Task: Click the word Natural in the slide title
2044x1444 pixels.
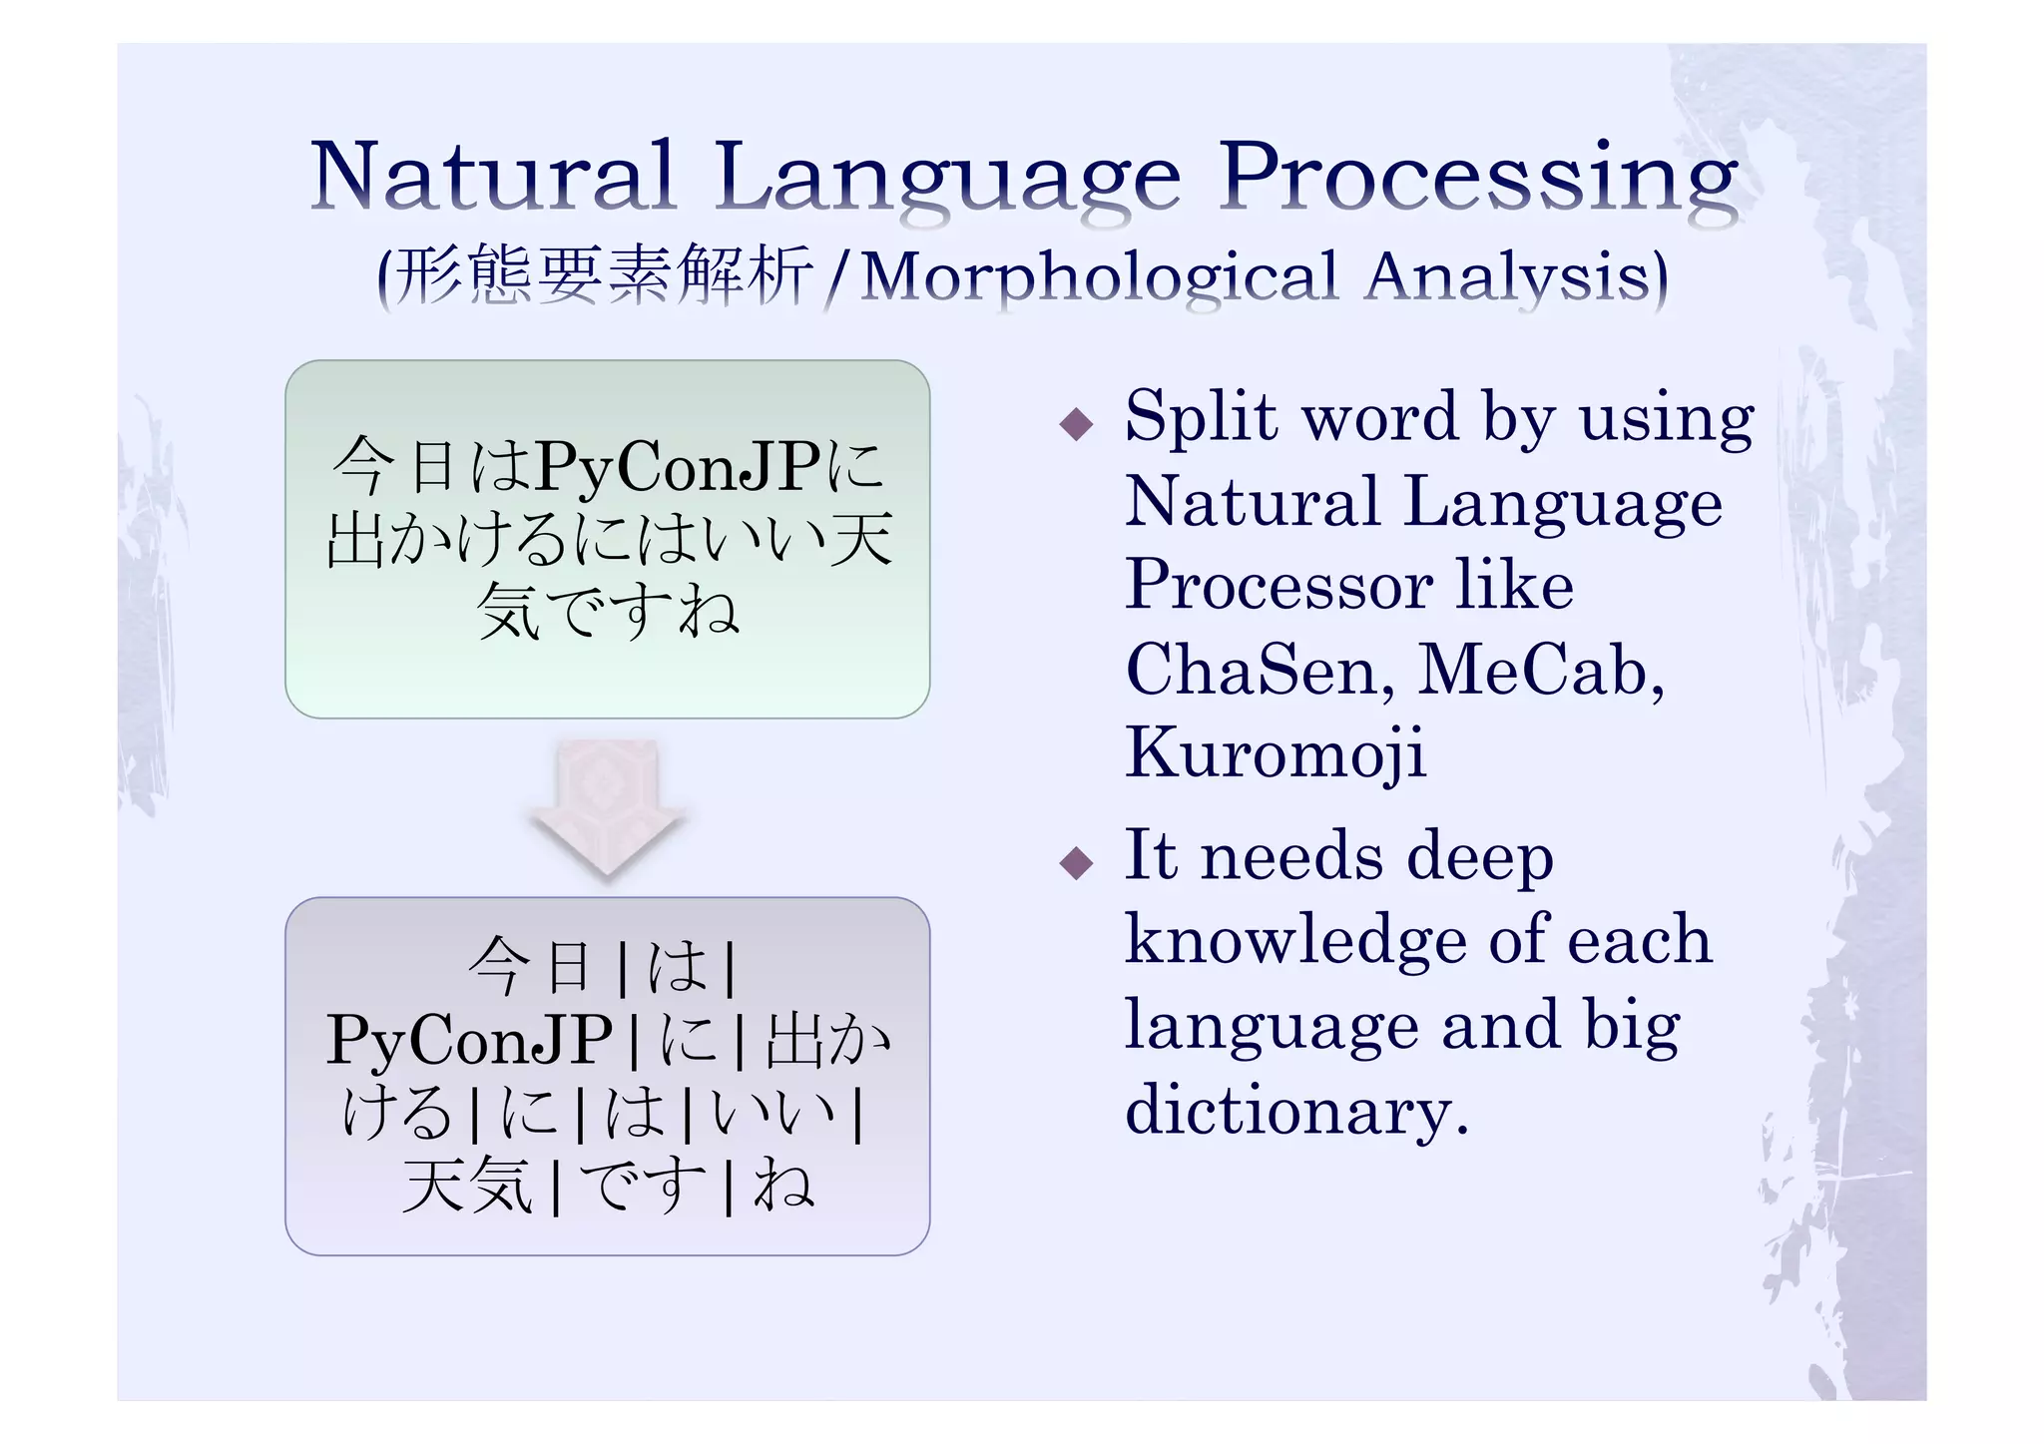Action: [x=493, y=177]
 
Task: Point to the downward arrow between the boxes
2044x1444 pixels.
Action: [x=607, y=808]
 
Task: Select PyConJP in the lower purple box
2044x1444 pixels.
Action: [x=469, y=1040]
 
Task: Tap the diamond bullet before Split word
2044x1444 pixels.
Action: [x=1076, y=425]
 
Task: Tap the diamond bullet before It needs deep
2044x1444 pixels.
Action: [x=1076, y=862]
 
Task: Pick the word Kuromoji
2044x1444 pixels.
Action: [x=1275, y=753]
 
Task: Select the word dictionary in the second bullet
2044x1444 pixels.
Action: [x=1295, y=1110]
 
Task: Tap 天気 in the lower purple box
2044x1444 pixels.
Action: [x=467, y=1186]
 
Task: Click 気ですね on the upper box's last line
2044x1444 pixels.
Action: [x=607, y=610]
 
